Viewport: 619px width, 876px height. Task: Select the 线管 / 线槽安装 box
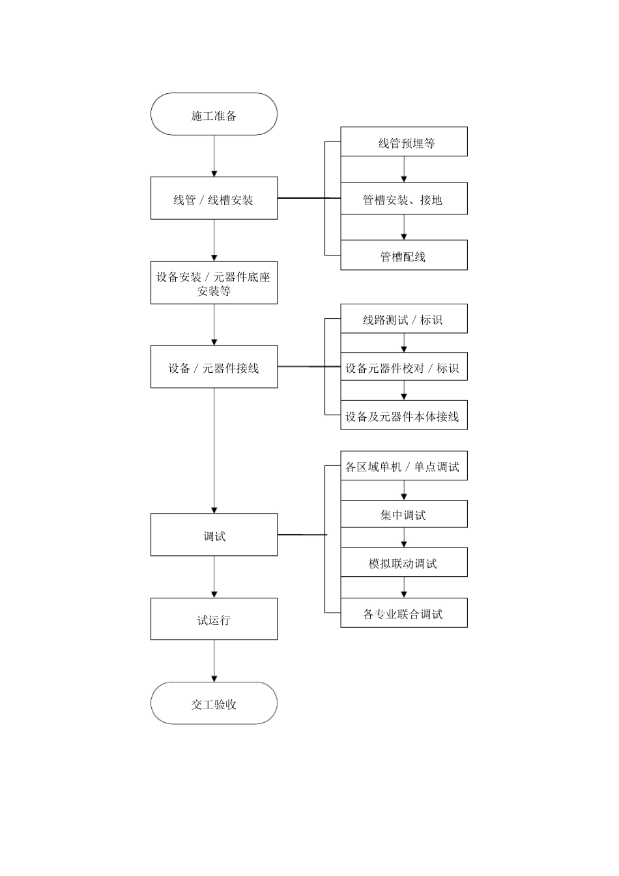(x=214, y=198)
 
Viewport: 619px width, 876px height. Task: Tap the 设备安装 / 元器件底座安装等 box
(x=214, y=283)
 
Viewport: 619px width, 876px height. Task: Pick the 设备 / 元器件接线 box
(x=214, y=367)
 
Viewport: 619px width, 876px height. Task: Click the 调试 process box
(x=214, y=534)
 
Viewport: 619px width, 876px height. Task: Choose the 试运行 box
(x=214, y=619)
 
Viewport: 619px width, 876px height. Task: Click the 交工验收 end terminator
(x=214, y=703)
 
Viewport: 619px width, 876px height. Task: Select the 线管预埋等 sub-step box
(x=404, y=141)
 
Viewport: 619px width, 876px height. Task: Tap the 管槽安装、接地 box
(x=404, y=198)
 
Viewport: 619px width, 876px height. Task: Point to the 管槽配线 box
(x=404, y=255)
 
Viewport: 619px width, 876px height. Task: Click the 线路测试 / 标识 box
(x=404, y=319)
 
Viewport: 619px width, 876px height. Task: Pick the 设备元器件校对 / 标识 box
(x=404, y=367)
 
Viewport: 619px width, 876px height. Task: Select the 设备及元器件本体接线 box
(x=404, y=415)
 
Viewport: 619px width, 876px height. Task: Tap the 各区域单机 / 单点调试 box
(x=404, y=466)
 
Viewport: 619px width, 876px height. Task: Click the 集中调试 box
(x=404, y=514)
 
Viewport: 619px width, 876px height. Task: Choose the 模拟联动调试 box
(x=404, y=562)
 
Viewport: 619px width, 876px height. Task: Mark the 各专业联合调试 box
(x=404, y=613)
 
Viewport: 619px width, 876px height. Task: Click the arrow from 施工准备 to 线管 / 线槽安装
(x=214, y=156)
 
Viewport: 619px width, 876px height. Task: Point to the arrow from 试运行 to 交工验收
(x=214, y=661)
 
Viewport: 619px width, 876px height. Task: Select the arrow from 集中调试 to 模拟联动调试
(x=404, y=538)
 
